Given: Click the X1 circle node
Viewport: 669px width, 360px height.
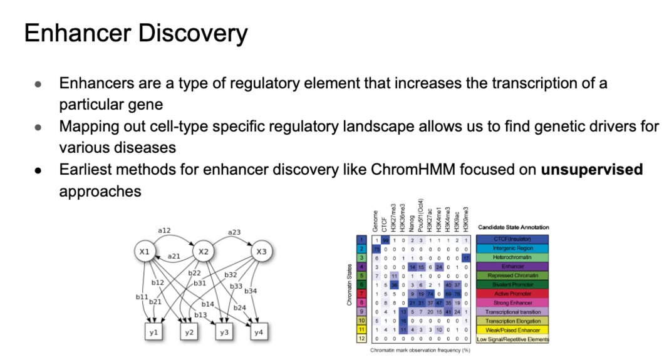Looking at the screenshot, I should pyautogui.click(x=145, y=252).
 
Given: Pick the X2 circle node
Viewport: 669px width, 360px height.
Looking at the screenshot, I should pyautogui.click(x=203, y=252).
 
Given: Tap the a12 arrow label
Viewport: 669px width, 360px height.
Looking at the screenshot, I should pyautogui.click(x=164, y=230).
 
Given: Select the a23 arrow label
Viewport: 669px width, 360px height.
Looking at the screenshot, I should pyautogui.click(x=234, y=232).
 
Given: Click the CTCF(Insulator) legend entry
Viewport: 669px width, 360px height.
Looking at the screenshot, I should pyautogui.click(x=512, y=239).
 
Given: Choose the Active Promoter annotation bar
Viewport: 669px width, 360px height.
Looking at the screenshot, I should pyautogui.click(x=512, y=294).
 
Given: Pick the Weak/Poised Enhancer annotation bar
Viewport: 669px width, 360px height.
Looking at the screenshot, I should pyautogui.click(x=512, y=330).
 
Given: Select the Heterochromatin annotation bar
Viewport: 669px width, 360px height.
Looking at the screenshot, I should pyautogui.click(x=512, y=257).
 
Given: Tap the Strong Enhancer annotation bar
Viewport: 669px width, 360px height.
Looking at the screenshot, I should pyautogui.click(x=512, y=303).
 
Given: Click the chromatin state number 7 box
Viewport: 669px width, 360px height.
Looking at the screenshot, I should pyautogui.click(x=360, y=294).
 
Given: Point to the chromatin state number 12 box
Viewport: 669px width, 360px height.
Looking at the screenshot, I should pyautogui.click(x=360, y=339).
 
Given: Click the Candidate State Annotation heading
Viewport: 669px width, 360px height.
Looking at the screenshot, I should pyautogui.click(x=514, y=227).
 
